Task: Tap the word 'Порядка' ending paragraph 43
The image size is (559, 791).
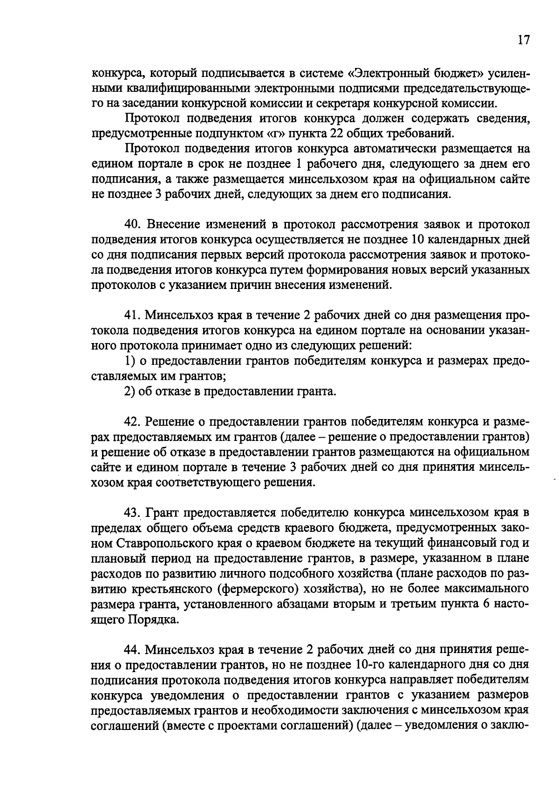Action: coord(153,619)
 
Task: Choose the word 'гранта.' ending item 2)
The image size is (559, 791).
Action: coord(314,392)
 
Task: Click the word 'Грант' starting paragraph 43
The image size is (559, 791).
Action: coord(164,513)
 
